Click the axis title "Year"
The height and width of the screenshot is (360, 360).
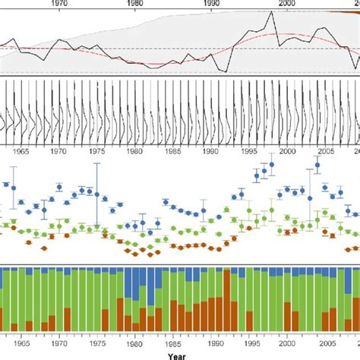click(x=176, y=355)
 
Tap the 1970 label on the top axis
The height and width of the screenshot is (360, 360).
click(x=60, y=3)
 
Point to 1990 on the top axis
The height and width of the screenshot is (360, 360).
click(x=210, y=3)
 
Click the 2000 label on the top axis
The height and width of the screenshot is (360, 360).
click(x=286, y=3)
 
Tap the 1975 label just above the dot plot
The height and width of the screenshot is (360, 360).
click(x=97, y=151)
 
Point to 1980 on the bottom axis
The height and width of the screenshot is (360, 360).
click(x=135, y=343)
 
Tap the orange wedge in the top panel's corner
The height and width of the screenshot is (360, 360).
click(x=346, y=12)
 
